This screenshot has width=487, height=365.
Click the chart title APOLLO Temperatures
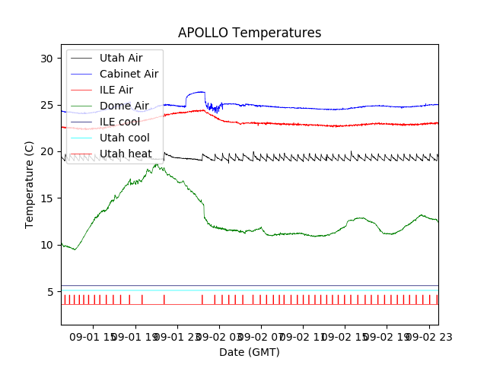click(250, 33)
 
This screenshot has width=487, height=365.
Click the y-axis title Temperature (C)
click(30, 184)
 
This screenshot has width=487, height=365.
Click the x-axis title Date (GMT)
click(250, 352)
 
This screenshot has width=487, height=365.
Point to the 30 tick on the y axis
click(47, 59)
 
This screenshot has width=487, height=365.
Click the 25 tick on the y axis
click(47, 105)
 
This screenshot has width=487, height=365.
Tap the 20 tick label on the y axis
click(47, 152)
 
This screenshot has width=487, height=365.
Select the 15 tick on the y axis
click(47, 198)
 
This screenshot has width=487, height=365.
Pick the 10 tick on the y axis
click(47, 245)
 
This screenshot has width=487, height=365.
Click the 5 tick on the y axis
click(50, 292)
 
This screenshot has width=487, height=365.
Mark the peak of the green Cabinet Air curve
click(157, 164)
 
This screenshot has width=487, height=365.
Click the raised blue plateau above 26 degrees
click(196, 93)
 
